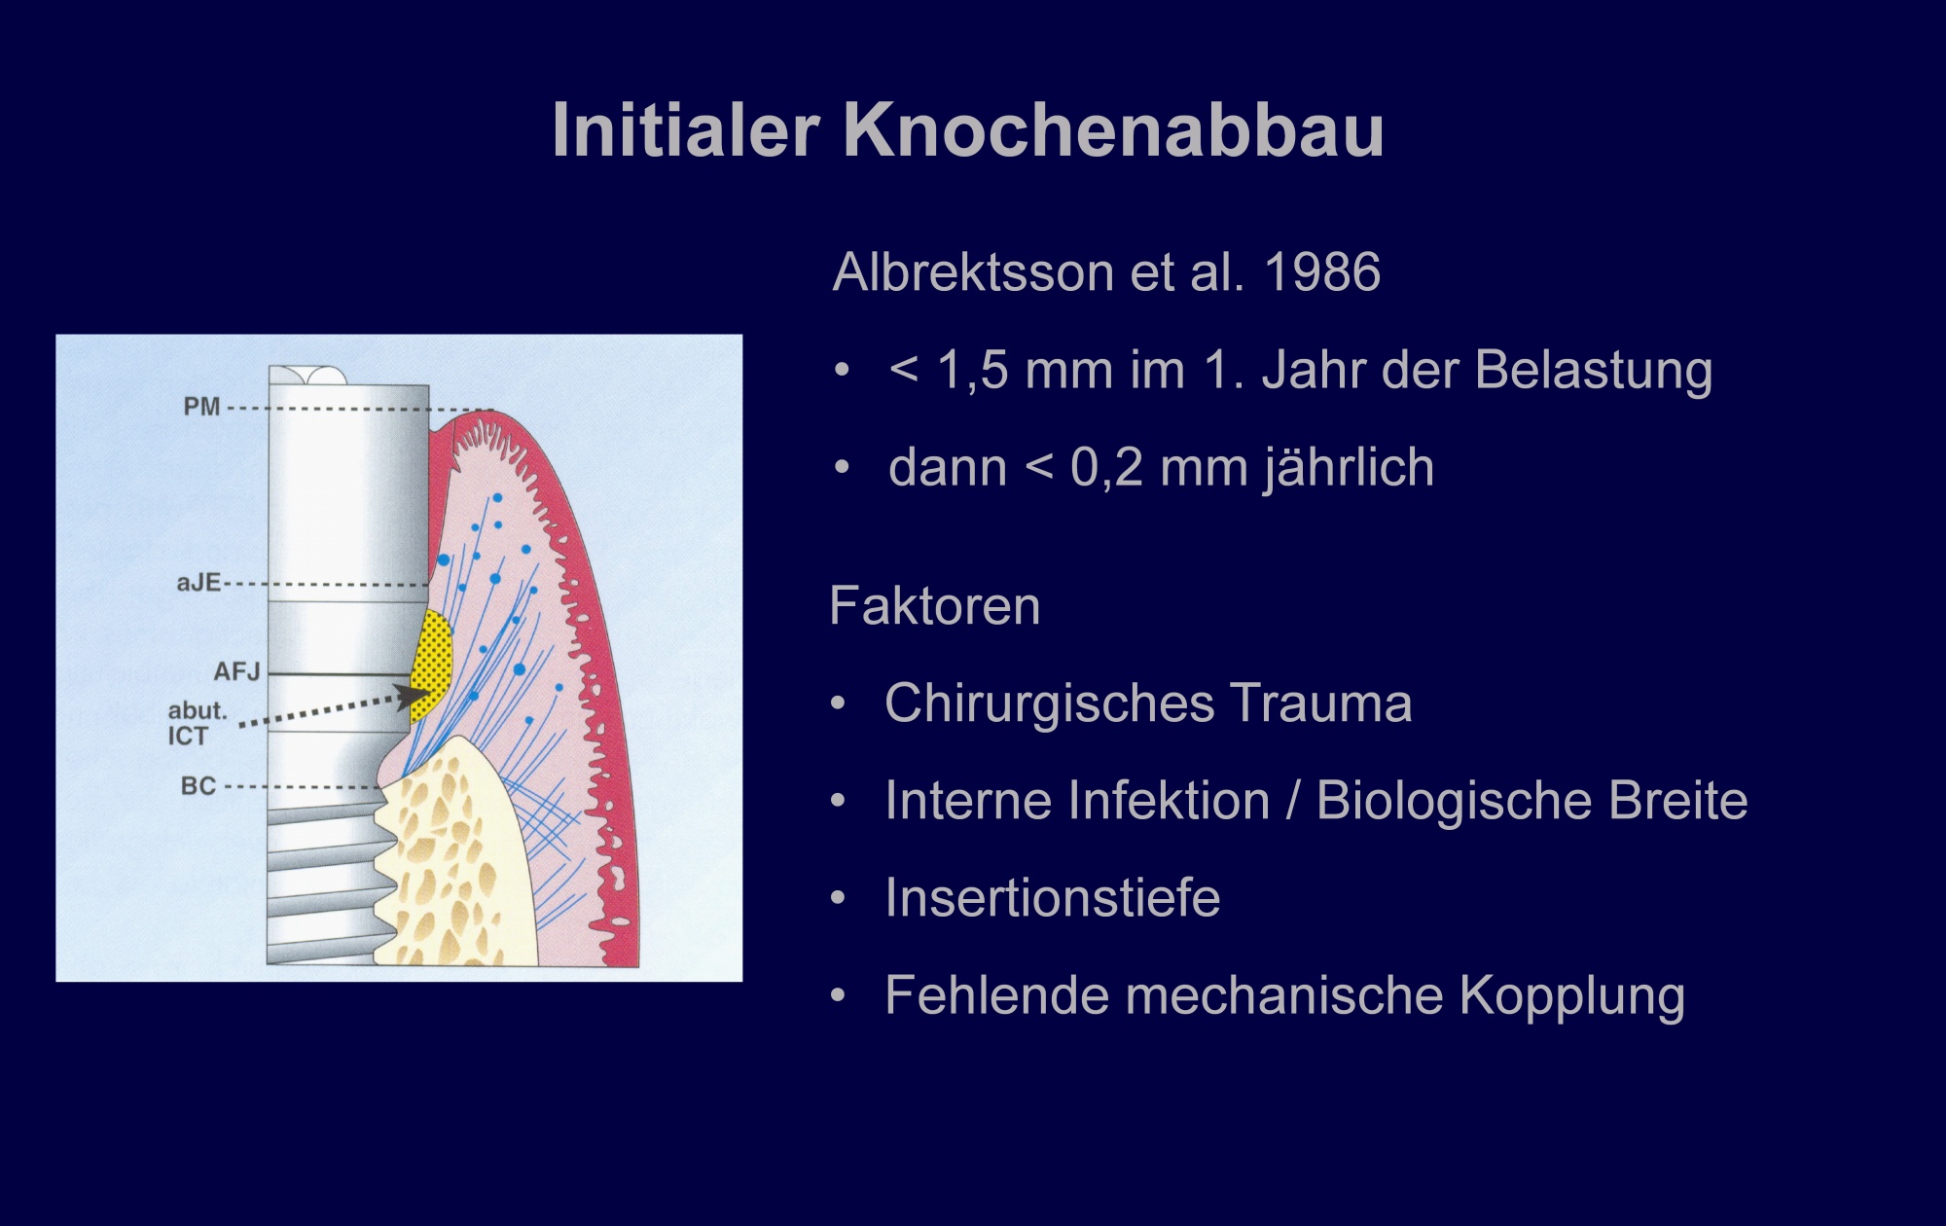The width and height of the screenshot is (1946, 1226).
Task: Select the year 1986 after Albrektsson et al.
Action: [1322, 271]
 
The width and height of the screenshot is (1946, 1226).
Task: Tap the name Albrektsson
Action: [973, 271]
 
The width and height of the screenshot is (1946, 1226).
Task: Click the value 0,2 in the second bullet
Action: [1107, 469]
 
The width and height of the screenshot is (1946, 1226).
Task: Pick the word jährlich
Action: [1350, 468]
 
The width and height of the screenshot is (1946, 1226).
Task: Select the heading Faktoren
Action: [935, 606]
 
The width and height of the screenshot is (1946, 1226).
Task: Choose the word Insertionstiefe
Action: [1053, 897]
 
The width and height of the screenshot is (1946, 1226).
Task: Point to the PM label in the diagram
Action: [202, 407]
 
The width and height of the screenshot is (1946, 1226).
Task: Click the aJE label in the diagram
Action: [198, 584]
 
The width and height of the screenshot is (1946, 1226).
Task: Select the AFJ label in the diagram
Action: [237, 671]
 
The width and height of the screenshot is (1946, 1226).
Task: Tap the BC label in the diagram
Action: [198, 785]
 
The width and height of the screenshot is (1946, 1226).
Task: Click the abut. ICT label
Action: [198, 723]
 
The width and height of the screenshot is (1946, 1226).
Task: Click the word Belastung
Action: [1593, 371]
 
